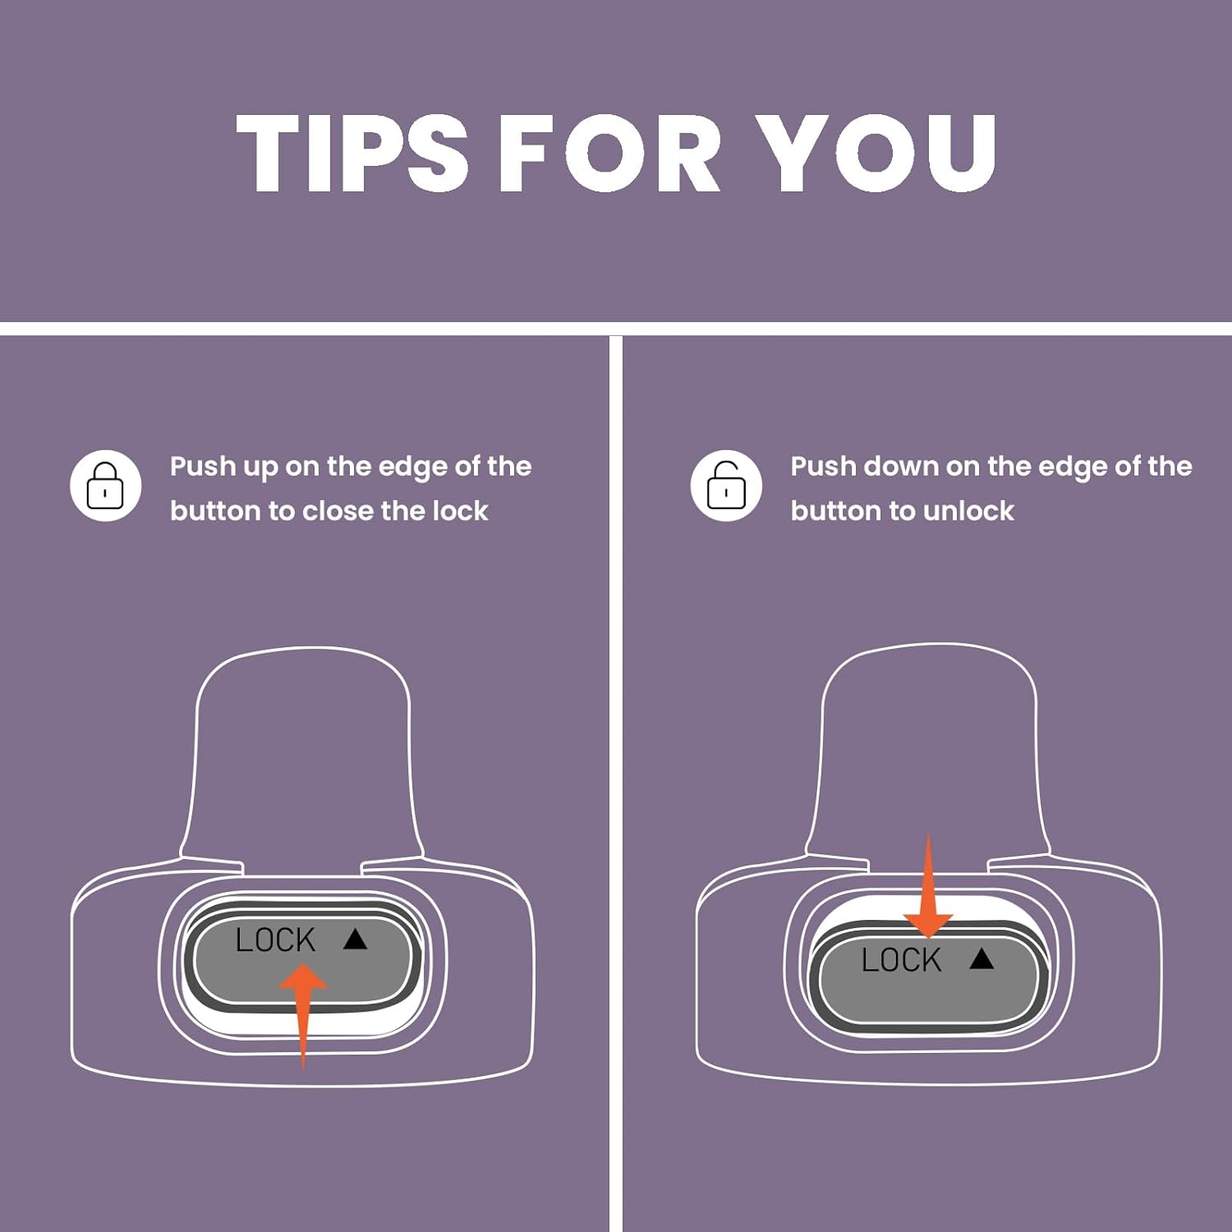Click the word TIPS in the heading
(352, 153)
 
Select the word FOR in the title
(610, 153)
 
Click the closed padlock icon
(105, 485)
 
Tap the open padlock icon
(726, 485)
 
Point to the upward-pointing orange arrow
(303, 1016)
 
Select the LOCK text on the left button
(275, 940)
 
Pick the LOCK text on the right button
(901, 959)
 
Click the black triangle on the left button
(355, 939)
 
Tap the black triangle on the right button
(981, 958)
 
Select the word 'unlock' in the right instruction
(968, 511)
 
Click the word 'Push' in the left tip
(203, 467)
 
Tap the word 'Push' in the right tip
(823, 467)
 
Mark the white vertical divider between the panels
(616, 784)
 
